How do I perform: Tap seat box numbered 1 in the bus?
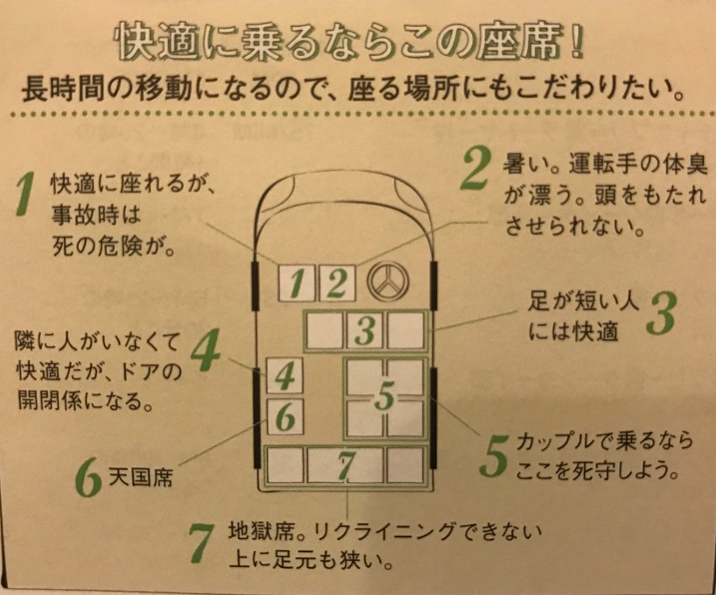pos(296,282)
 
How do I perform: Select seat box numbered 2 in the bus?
pos(335,282)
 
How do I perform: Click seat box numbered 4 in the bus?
pos(284,377)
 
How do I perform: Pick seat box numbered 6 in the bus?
pos(284,417)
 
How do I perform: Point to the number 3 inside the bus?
pos(366,330)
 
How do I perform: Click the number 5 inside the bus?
pos(385,397)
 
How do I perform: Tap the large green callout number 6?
pos(88,479)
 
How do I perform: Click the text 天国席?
pos(139,478)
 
